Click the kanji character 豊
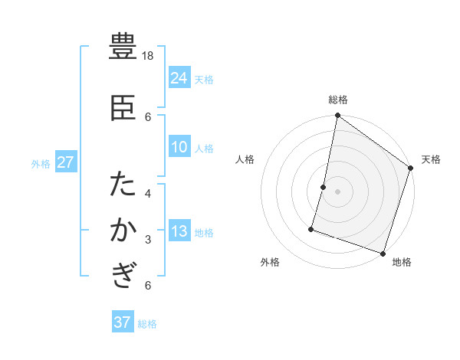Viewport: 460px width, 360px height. [x=123, y=47]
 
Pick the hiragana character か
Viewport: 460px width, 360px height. [x=123, y=231]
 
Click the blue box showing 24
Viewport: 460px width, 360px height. [x=179, y=78]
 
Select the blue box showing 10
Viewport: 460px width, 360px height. [x=179, y=147]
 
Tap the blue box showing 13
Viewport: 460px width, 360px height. [x=179, y=231]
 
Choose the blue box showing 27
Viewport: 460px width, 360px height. [x=66, y=162]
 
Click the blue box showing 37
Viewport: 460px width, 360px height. [x=123, y=322]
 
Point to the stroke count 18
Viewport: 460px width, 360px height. [x=149, y=56]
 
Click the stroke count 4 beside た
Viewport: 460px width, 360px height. [x=148, y=193]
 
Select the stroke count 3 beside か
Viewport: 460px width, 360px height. [x=148, y=240]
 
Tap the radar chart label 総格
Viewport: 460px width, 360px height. [x=337, y=100]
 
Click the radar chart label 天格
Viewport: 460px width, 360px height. [x=431, y=159]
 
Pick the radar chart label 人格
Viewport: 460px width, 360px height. [x=245, y=159]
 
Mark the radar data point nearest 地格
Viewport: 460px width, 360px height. [x=383, y=253]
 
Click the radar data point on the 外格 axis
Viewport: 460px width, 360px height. [x=312, y=228]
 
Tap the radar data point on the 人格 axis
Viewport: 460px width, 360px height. [x=324, y=187]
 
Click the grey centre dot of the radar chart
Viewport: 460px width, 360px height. [x=337, y=191]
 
